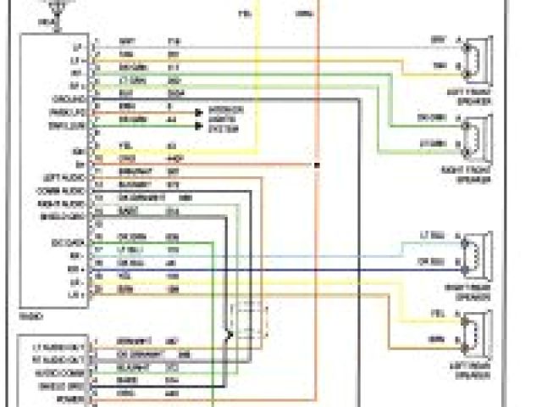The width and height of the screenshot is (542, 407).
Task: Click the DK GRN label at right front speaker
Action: click(429, 118)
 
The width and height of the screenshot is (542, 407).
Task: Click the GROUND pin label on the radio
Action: click(67, 99)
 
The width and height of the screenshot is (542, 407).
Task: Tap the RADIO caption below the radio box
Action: click(28, 315)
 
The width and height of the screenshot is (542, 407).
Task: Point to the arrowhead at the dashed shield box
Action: click(230, 336)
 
